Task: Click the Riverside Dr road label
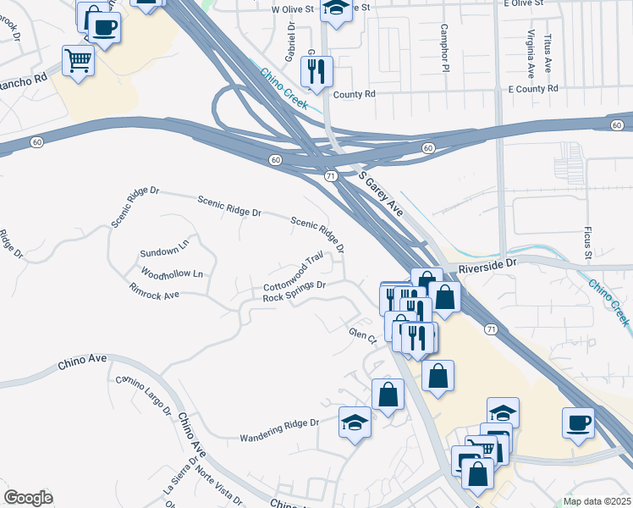click(x=487, y=266)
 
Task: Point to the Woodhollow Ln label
click(x=172, y=274)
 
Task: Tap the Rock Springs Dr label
click(x=294, y=291)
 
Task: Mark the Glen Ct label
click(x=362, y=335)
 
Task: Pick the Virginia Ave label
click(x=531, y=52)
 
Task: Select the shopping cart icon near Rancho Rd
click(x=78, y=60)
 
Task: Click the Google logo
click(x=28, y=498)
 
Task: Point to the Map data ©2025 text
click(x=596, y=501)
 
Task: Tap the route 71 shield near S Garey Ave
click(x=331, y=175)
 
